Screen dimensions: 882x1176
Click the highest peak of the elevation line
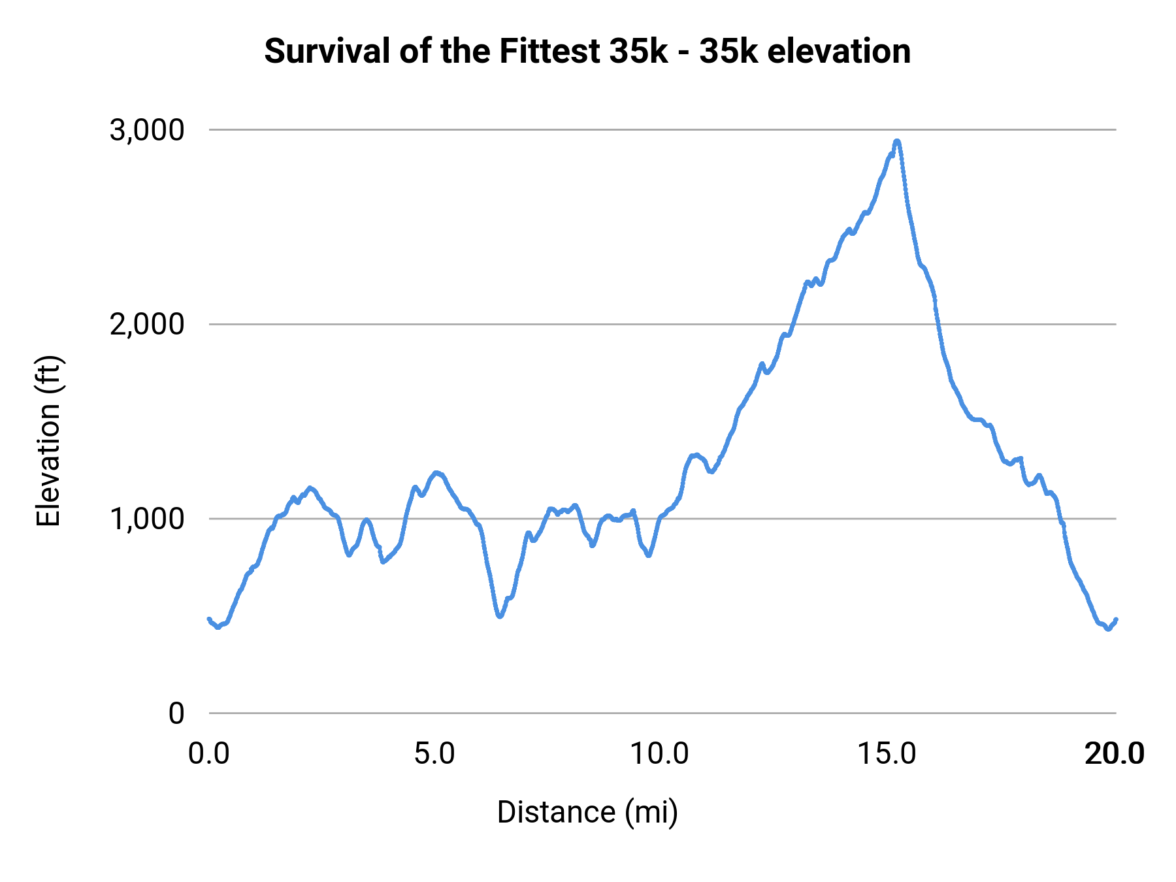(897, 141)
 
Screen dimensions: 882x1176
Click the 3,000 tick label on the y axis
(147, 130)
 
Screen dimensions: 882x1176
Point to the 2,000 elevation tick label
(147, 324)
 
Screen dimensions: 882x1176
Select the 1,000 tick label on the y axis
(147, 519)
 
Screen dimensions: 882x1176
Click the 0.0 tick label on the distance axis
(209, 754)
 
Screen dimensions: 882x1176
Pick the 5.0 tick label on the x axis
(434, 754)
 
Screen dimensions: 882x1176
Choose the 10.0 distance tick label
(659, 754)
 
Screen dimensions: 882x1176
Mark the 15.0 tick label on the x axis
(887, 754)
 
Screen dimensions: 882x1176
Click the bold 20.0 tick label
(1114, 754)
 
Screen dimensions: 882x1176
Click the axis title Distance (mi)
(587, 812)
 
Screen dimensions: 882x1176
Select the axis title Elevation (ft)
(48, 441)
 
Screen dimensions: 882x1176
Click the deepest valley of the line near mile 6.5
(500, 616)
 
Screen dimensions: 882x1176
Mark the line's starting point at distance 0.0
(209, 619)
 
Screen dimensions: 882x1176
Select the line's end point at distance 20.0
(1116, 619)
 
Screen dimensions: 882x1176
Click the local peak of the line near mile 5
(436, 472)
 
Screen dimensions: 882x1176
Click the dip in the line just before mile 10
(648, 555)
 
